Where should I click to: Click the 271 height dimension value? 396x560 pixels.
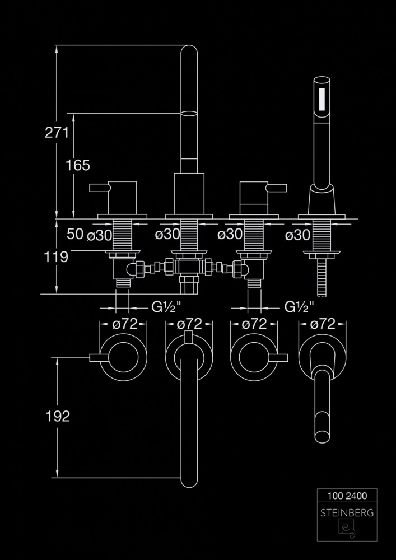point(57,133)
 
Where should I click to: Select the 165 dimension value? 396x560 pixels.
point(77,165)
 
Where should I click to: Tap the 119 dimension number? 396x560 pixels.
point(57,256)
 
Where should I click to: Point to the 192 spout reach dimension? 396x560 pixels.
point(58,416)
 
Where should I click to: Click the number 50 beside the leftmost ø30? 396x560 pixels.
point(75,235)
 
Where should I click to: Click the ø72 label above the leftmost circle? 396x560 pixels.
point(123,324)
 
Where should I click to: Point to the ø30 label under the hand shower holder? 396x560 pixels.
point(297,235)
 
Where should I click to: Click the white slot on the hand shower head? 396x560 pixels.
point(322,98)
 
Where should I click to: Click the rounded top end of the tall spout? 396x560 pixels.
point(189,53)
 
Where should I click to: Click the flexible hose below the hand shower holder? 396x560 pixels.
point(322,277)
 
